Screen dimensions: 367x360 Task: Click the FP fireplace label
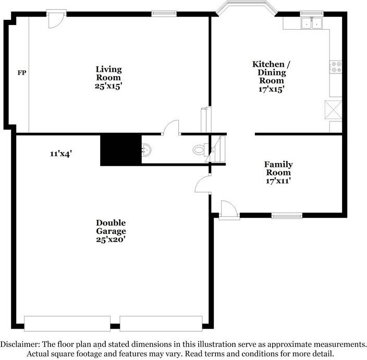click(x=22, y=73)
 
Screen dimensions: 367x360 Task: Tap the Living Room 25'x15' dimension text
click(x=108, y=86)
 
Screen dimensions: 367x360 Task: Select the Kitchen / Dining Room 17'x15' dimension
click(x=271, y=89)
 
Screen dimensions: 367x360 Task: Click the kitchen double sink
click(x=312, y=23)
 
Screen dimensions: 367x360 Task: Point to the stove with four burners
click(x=336, y=67)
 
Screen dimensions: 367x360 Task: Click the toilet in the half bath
click(x=200, y=150)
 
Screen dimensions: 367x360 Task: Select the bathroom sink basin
click(x=146, y=150)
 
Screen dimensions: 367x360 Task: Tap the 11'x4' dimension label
click(x=61, y=154)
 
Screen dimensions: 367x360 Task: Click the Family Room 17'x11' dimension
click(x=278, y=181)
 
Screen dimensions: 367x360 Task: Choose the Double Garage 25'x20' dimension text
click(x=111, y=240)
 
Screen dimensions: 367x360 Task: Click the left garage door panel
click(x=67, y=324)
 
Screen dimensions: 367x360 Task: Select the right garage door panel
click(x=161, y=324)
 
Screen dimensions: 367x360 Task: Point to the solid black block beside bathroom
click(x=121, y=150)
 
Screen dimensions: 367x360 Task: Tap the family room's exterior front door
click(x=229, y=210)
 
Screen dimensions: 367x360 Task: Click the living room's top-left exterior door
click(x=56, y=19)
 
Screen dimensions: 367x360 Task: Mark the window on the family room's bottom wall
click(x=287, y=216)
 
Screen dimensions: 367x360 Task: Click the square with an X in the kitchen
click(x=333, y=109)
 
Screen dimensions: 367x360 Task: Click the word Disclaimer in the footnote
click(x=20, y=344)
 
